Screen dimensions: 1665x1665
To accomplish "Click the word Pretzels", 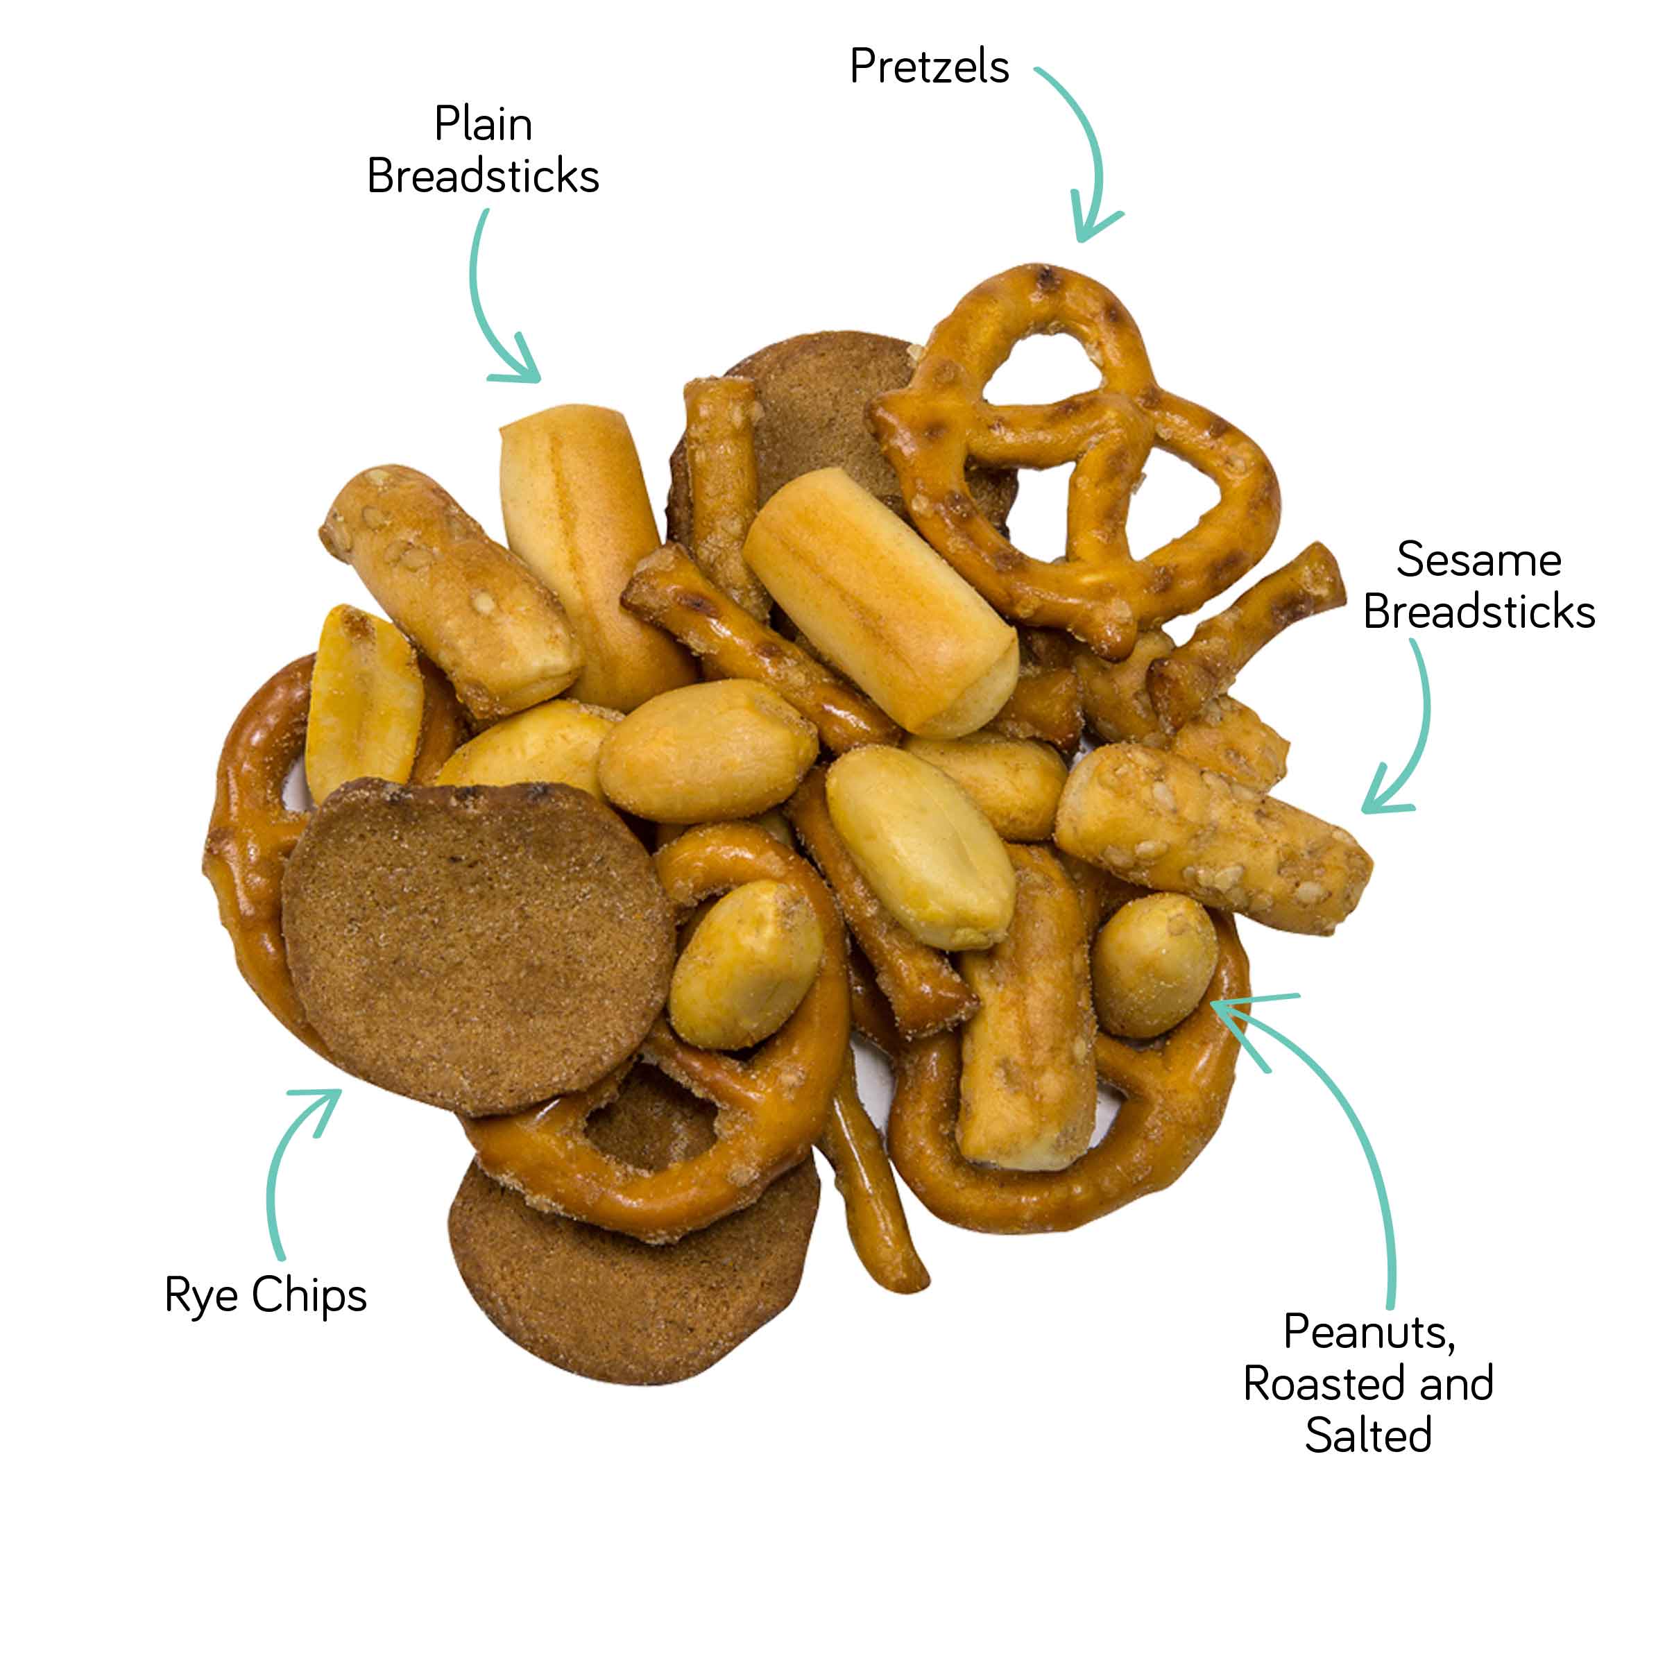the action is (929, 67).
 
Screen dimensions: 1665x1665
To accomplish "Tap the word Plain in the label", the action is (483, 123).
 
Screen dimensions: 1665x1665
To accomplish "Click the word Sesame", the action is (1479, 560).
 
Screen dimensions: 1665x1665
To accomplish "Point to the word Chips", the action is (309, 1295).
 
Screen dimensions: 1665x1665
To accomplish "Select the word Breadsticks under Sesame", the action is (1479, 612).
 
